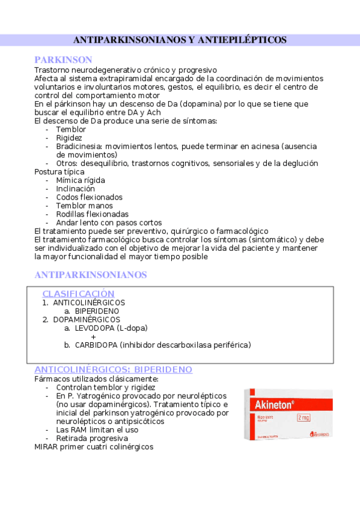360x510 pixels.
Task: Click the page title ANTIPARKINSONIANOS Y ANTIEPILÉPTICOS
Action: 180,40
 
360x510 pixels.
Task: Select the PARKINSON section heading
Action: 63,60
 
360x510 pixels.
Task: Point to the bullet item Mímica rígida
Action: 81,180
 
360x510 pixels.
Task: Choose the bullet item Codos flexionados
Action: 89,197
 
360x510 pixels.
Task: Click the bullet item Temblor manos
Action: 84,206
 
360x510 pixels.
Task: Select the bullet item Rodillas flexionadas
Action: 92,214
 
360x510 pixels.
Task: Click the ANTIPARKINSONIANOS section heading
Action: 91,275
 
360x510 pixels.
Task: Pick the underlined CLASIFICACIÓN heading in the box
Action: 78,293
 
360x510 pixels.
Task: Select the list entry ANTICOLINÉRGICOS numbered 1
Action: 89,303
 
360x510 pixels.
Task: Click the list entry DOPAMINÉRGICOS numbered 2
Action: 87,319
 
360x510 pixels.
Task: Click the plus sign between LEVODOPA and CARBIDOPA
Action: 93,336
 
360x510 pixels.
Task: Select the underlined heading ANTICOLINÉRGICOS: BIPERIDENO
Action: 114,369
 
